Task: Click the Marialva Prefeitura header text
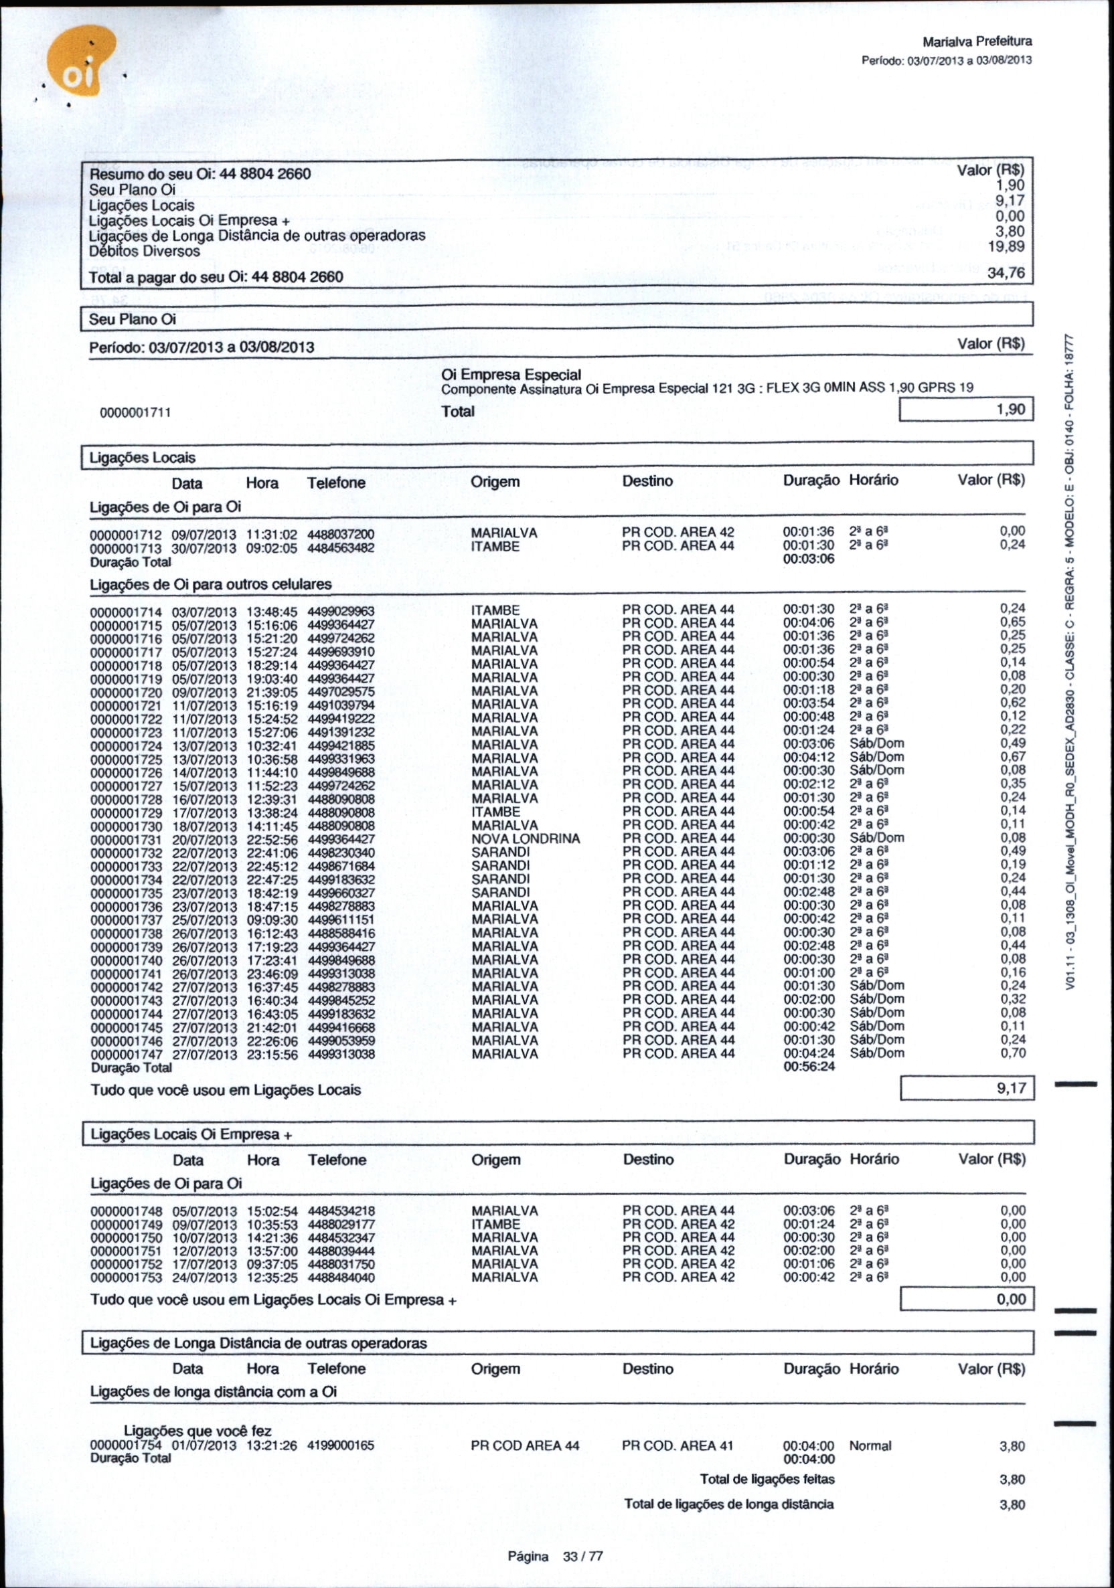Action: (977, 41)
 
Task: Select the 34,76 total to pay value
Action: (1006, 273)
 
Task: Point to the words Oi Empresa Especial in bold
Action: (511, 375)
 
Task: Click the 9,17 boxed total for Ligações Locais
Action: (1011, 1089)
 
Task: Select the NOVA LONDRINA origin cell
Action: (525, 839)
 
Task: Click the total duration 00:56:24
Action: (808, 1067)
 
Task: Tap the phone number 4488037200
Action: (341, 534)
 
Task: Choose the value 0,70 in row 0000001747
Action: (1013, 1053)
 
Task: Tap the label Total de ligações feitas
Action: (767, 1480)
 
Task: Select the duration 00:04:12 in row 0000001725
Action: (808, 758)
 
